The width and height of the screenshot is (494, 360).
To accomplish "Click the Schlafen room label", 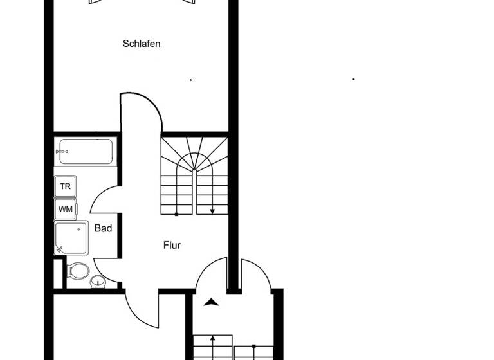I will tap(142, 44).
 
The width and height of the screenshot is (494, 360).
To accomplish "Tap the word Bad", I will tap(103, 228).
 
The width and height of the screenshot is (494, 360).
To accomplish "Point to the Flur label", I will tap(172, 245).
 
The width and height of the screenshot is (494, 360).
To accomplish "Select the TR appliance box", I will tap(66, 186).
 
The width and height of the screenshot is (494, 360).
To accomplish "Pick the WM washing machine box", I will tap(66, 209).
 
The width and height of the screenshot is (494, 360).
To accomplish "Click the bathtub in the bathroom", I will tap(84, 152).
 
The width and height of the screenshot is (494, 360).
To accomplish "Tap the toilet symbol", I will tap(78, 271).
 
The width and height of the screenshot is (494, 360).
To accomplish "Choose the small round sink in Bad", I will tap(97, 281).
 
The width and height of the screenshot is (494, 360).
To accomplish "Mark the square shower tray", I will tap(71, 238).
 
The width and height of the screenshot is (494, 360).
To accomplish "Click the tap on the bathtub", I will tap(62, 152).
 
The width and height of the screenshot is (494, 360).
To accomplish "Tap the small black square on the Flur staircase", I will tap(177, 213).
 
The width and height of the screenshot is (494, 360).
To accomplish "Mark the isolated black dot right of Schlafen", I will tap(354, 79).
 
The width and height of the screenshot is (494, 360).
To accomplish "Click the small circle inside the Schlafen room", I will tap(191, 80).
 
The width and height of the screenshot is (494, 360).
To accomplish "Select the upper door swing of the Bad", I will tap(104, 199).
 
